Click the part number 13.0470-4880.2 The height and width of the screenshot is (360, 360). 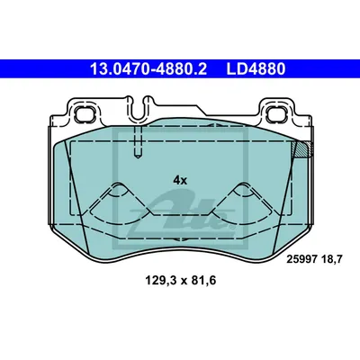pos(148,69)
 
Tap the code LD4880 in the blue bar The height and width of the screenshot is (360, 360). pos(256,69)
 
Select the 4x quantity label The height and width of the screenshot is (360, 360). pos(180,180)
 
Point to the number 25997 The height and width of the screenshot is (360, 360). pos(301,259)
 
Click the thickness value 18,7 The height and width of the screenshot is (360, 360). pos(331,259)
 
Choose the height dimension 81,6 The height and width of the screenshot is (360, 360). pos(204,281)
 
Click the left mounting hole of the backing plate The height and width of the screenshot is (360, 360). pos(85,113)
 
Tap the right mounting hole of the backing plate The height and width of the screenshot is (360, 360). pos(276,114)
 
